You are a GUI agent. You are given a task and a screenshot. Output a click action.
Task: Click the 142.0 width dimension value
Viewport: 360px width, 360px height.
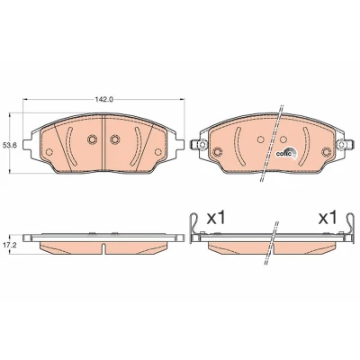pyautogui.click(x=104, y=100)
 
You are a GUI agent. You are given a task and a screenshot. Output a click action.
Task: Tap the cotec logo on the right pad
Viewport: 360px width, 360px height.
pyautogui.click(x=286, y=153)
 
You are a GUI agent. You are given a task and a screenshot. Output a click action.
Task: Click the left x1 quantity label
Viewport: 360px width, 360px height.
pyautogui.click(x=216, y=218)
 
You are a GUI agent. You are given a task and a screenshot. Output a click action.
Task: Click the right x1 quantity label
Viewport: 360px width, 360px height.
pyautogui.click(x=328, y=218)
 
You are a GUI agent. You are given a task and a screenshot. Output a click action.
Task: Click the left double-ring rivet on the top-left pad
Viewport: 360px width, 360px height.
pyautogui.click(x=92, y=139)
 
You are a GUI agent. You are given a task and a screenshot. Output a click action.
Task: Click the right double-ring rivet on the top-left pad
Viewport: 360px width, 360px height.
pyautogui.click(x=114, y=139)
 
